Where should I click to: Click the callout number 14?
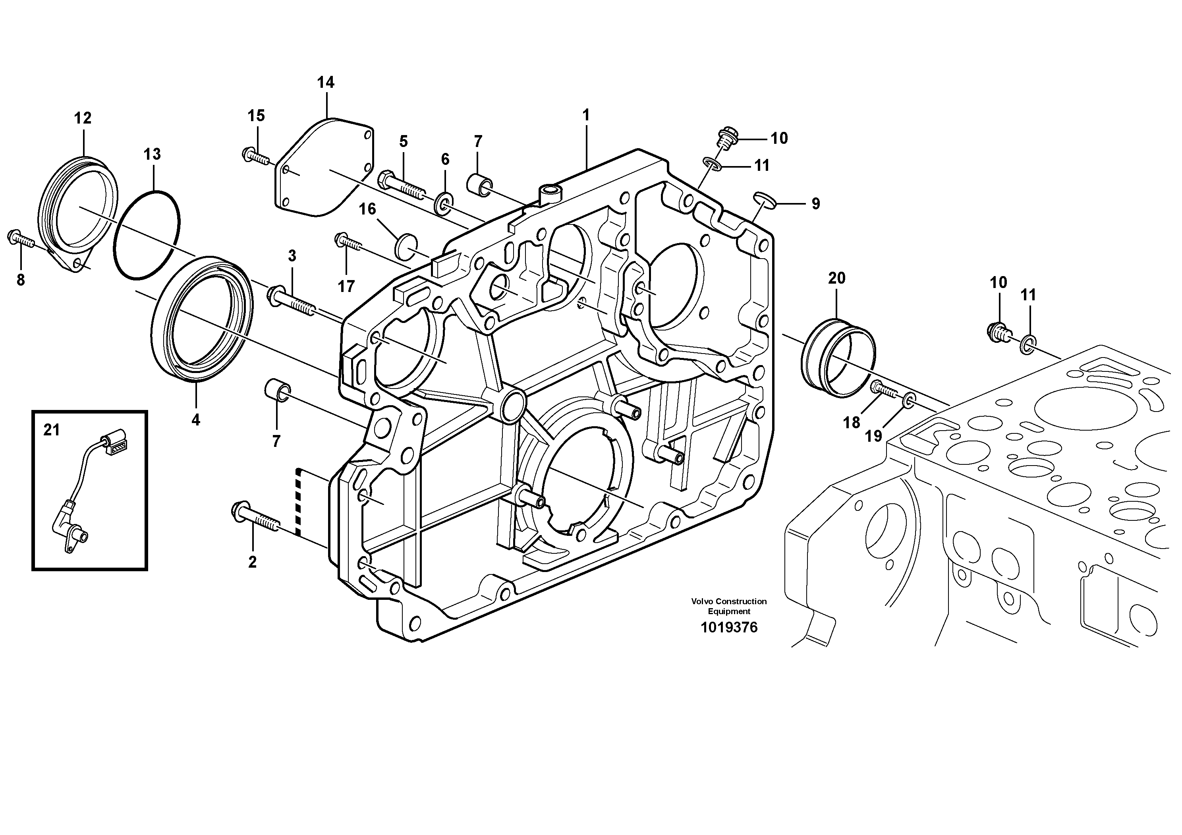tap(325, 82)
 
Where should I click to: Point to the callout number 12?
tap(82, 118)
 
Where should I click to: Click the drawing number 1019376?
tap(729, 628)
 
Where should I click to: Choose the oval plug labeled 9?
tap(765, 199)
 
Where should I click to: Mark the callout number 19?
tap(873, 436)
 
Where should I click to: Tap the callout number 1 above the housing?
tap(585, 115)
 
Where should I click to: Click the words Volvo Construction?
tap(729, 601)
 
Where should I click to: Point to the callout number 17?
tap(346, 286)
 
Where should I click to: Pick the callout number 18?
tap(852, 423)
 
